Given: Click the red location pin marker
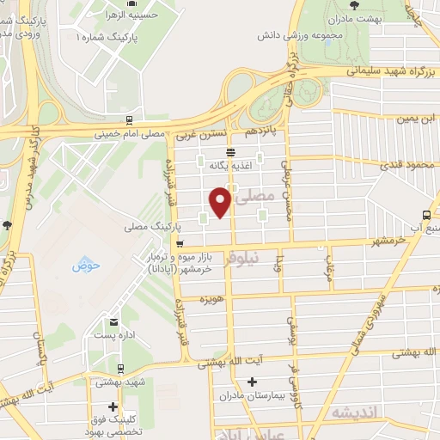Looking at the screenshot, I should coord(220,201).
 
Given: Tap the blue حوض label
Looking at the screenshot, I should coord(87,265).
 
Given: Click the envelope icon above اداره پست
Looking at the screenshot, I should coord(111,325).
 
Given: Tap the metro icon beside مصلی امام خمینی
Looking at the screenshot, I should coord(128,121).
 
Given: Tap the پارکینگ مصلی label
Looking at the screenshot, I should coord(148,226).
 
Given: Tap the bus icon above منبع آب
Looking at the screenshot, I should coord(428,215).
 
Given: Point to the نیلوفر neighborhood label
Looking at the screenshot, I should coord(241,258).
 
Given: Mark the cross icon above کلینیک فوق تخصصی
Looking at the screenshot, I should coord(112,406).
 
